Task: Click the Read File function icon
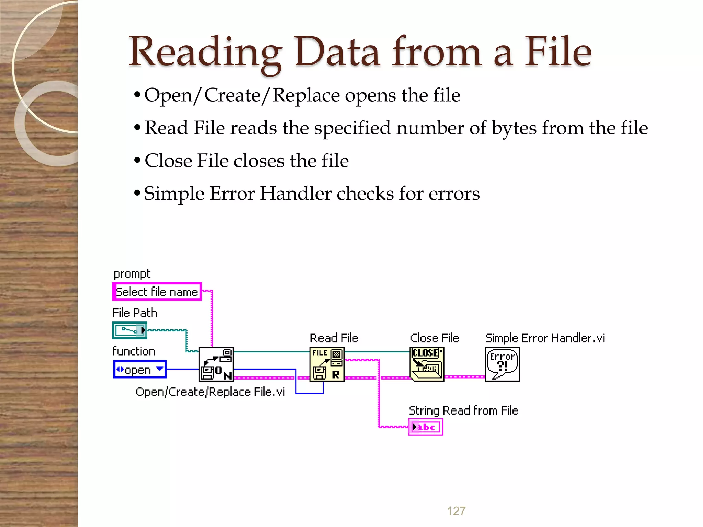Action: [327, 364]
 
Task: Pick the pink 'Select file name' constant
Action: [157, 292]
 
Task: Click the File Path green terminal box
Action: [130, 330]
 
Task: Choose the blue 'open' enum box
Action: [140, 370]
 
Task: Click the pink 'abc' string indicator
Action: [426, 427]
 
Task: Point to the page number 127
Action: [456, 511]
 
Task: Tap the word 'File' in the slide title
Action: [558, 52]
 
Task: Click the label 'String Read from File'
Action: [463, 411]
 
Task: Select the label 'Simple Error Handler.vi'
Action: [545, 338]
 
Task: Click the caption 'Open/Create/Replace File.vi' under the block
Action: [210, 392]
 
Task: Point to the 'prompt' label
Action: [132, 274]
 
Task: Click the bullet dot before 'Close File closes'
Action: [137, 160]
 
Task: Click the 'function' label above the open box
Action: [134, 351]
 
